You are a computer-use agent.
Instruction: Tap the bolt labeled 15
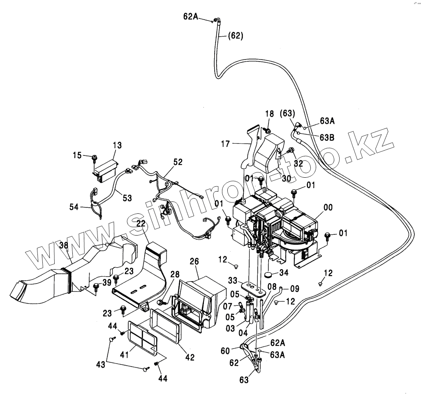click(x=95, y=157)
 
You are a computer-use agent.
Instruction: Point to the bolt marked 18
click(x=268, y=131)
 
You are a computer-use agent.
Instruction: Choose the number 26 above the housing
click(x=194, y=261)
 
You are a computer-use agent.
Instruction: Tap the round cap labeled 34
click(x=270, y=274)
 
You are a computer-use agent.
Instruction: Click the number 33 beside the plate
click(x=233, y=280)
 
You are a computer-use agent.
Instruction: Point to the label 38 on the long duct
click(x=63, y=245)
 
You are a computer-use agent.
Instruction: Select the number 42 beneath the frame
click(x=189, y=357)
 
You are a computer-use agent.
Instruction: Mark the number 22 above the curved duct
click(x=141, y=223)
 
